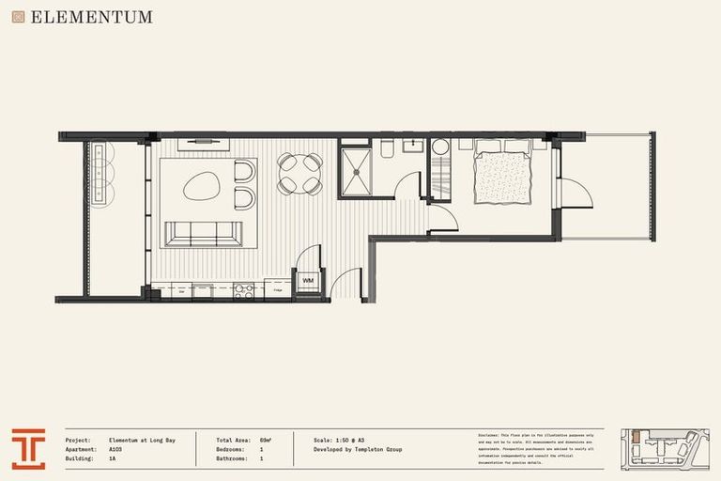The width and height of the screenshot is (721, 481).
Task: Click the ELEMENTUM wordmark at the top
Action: (x=91, y=17)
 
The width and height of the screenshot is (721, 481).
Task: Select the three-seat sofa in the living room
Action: (x=203, y=233)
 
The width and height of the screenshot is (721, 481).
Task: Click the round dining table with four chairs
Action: (x=299, y=175)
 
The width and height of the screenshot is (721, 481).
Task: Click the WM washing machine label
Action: (x=308, y=281)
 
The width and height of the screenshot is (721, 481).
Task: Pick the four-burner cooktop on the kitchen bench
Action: (x=243, y=290)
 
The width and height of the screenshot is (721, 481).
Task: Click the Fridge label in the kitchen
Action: (x=279, y=291)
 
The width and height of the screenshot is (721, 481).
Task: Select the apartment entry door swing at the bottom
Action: (x=347, y=285)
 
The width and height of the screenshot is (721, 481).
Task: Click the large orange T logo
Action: (x=28, y=449)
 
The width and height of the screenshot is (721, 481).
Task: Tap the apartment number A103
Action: (x=115, y=450)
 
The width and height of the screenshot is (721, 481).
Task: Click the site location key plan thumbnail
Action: (x=665, y=449)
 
